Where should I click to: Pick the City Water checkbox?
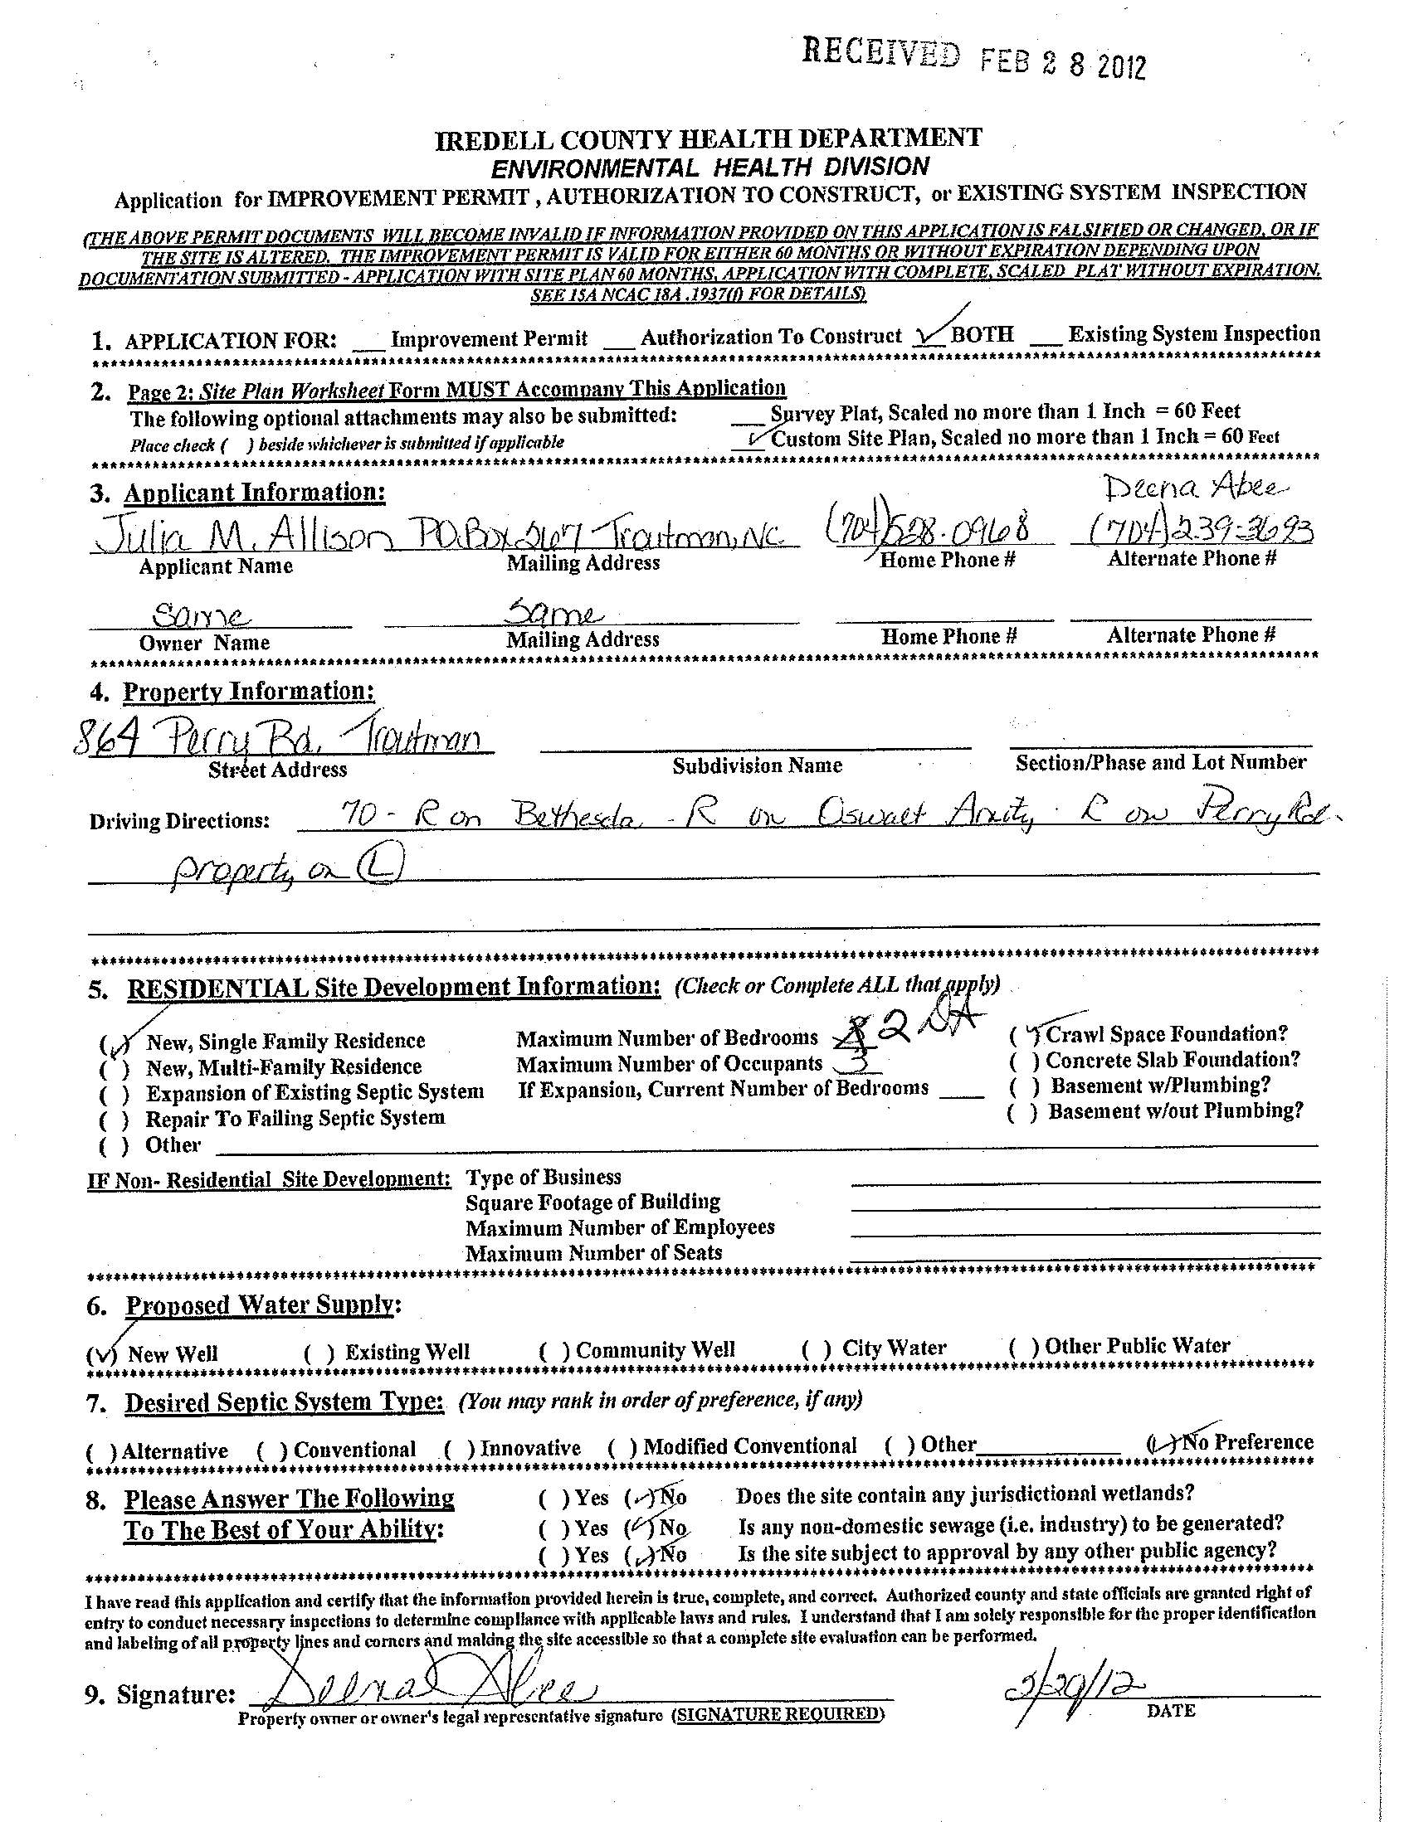click(816, 1349)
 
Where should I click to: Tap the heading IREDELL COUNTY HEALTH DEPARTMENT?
click(708, 139)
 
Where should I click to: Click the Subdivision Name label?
click(756, 765)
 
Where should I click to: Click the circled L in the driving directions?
click(379, 872)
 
